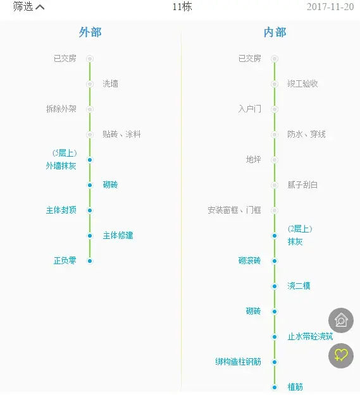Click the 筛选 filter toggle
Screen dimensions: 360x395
(28, 6)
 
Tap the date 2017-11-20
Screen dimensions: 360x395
(330, 7)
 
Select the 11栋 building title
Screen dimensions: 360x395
(182, 7)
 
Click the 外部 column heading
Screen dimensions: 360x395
(90, 32)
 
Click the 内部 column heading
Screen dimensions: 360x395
(275, 32)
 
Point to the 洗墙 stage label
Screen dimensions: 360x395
(110, 83)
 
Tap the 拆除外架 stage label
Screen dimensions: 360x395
(61, 109)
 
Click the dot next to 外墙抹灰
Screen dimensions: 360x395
(90, 160)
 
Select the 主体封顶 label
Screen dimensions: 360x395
(61, 210)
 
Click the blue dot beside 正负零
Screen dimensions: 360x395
(90, 261)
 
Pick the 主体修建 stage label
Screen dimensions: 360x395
(118, 236)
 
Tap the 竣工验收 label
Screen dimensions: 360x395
(302, 83)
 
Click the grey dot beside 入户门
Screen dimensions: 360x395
(275, 109)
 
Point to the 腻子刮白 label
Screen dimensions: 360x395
(302, 185)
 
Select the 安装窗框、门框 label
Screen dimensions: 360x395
(234, 210)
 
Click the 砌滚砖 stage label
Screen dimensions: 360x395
(249, 261)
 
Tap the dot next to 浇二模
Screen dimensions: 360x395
(275, 286)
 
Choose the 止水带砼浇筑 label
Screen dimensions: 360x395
(311, 337)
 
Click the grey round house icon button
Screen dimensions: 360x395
(341, 320)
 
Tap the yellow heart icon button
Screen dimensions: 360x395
(341, 356)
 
